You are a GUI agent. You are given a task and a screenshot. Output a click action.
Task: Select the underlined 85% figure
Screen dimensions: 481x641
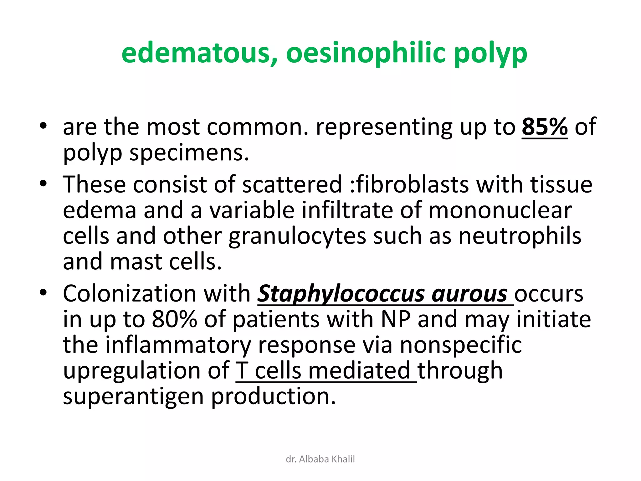pos(545,127)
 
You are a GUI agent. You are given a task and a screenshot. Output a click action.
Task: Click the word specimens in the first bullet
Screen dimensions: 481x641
pos(189,153)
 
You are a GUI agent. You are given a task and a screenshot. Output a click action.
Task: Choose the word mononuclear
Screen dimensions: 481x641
pos(500,210)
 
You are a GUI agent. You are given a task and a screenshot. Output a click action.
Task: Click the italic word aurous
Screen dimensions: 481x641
pos(469,294)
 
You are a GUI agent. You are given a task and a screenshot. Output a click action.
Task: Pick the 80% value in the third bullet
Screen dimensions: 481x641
pos(174,319)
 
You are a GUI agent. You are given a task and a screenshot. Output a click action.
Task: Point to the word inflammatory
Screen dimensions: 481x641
pos(178,345)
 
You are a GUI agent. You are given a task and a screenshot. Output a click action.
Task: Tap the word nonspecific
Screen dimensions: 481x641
pos(461,345)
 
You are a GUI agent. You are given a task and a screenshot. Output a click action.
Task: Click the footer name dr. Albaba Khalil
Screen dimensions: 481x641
pos(320,459)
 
